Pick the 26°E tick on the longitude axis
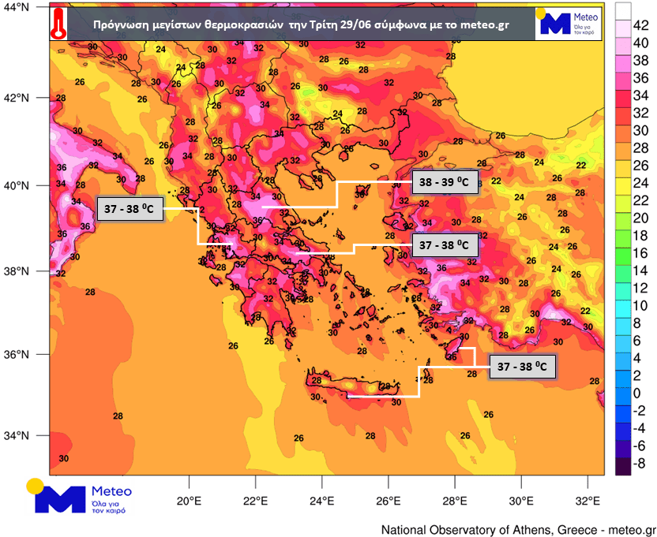(x=388, y=500)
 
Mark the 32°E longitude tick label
(x=585, y=500)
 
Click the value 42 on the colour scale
(x=641, y=26)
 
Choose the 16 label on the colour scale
(x=641, y=253)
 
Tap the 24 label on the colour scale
(x=641, y=183)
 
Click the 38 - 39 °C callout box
(x=444, y=184)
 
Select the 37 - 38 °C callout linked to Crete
(x=522, y=367)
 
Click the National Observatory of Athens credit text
(x=518, y=529)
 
